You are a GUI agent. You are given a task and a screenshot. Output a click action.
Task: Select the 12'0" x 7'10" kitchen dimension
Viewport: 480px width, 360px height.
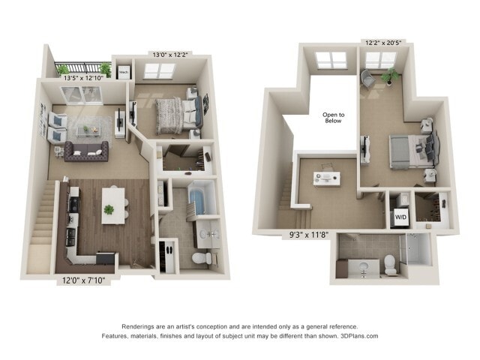coord(84,281)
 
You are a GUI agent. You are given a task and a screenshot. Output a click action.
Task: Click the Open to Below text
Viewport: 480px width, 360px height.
coord(333,117)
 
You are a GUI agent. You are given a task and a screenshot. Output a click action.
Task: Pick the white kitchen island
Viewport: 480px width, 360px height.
coord(114,203)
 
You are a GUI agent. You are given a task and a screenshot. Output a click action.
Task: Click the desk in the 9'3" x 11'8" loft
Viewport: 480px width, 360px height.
coord(326,178)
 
